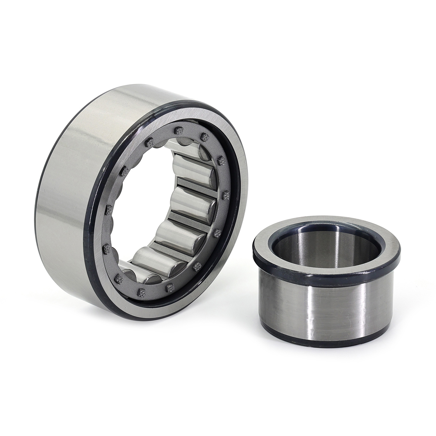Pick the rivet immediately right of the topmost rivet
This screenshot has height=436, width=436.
tap(205, 137)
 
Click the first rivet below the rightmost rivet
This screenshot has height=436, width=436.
tap(217, 232)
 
